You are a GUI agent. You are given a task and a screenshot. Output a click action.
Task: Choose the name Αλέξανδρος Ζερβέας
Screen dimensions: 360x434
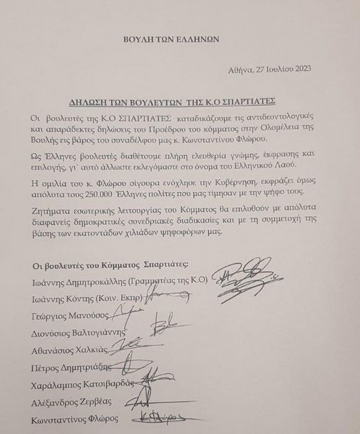pyautogui.click(x=72, y=402)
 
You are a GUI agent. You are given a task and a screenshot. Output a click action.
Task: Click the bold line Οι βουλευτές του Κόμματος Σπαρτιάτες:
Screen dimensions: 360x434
pyautogui.click(x=110, y=265)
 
